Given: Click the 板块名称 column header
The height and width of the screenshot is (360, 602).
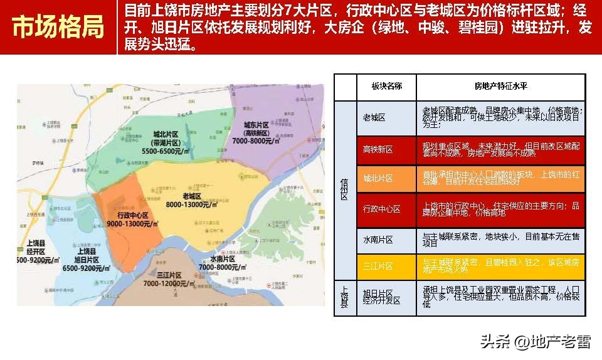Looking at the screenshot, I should click(x=386, y=87).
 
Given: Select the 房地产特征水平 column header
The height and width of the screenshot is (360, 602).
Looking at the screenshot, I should click(x=500, y=87).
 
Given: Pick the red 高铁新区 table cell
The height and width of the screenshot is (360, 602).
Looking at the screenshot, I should click(x=378, y=149).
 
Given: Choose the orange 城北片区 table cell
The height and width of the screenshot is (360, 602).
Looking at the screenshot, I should click(x=378, y=179).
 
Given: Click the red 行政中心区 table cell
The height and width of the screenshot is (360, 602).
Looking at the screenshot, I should click(x=382, y=209).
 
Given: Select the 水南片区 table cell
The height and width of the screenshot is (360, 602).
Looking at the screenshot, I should click(x=378, y=240).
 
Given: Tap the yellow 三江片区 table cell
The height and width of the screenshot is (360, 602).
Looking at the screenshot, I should click(x=378, y=267).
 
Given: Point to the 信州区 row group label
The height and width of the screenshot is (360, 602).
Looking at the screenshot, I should click(x=344, y=188).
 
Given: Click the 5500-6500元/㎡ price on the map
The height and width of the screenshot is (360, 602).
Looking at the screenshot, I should click(x=165, y=151).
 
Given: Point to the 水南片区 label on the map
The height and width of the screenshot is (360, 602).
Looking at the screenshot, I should click(x=222, y=258).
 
